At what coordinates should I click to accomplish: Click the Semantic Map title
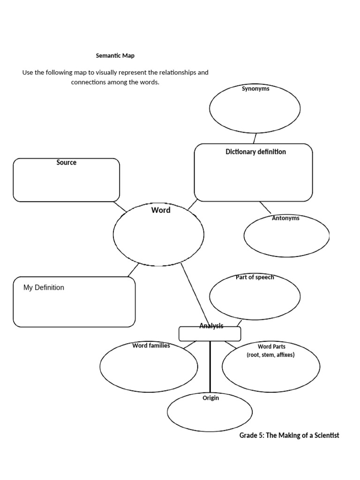tap(115, 56)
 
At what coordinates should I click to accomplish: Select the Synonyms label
tap(255, 89)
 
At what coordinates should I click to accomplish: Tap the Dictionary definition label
tap(255, 152)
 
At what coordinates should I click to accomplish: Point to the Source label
tap(66, 163)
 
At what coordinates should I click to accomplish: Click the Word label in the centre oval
tap(160, 210)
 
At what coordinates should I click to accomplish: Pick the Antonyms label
tap(285, 218)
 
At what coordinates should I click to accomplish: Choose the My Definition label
tap(44, 288)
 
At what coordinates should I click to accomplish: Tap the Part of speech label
tap(255, 277)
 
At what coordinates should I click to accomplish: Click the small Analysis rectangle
tap(210, 334)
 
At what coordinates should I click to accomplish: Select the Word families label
tap(151, 346)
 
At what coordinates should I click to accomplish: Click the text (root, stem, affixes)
tap(270, 355)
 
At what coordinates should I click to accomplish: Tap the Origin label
tap(210, 398)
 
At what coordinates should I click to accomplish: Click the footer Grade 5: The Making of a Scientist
tap(289, 435)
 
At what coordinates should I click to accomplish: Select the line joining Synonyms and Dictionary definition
tap(255, 138)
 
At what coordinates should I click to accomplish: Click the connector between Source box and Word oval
tap(120, 207)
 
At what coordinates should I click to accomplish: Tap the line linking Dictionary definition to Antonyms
tap(265, 208)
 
